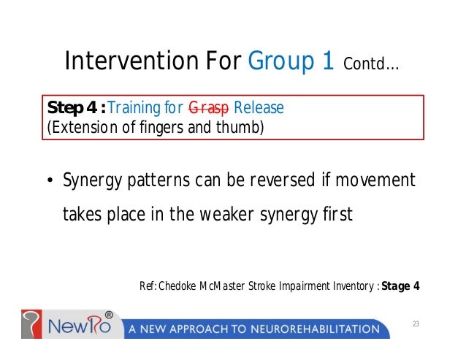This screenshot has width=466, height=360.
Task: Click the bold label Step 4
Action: click(x=74, y=108)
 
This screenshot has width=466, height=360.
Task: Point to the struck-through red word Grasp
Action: click(x=208, y=108)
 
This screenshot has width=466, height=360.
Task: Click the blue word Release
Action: click(x=259, y=108)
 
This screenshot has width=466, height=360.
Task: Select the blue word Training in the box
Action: click(x=134, y=108)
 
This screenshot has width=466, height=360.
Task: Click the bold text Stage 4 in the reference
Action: click(x=400, y=286)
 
